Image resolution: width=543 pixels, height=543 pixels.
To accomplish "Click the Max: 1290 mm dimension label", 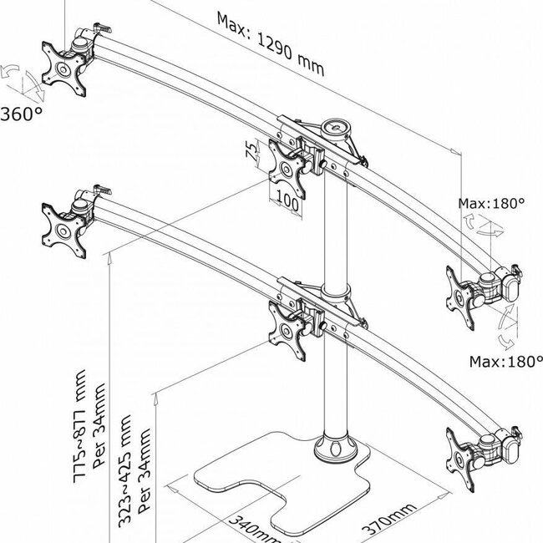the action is [x=270, y=43].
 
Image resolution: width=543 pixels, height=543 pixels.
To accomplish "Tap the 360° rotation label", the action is [x=22, y=114].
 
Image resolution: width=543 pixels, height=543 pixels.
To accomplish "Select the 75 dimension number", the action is [x=252, y=150].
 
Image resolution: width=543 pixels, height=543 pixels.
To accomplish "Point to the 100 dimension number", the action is [x=287, y=203].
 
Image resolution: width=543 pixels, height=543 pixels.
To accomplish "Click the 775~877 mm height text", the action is [x=80, y=426].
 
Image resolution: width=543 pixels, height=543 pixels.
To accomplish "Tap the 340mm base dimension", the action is [x=255, y=529].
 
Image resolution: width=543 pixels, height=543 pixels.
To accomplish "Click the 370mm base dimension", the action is [x=388, y=519].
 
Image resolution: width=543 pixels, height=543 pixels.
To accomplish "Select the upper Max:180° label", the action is [x=491, y=203].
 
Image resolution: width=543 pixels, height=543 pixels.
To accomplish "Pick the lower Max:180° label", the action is [x=506, y=362].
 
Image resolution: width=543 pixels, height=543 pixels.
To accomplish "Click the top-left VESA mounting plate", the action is [x=63, y=69].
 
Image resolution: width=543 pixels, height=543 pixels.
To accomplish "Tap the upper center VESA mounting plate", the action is [x=287, y=169].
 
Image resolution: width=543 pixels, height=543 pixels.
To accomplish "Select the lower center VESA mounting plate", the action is [x=287, y=331].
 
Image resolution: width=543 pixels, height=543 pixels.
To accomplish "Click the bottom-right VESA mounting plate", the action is [x=460, y=459].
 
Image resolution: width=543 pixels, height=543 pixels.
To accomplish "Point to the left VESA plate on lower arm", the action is [x=63, y=231].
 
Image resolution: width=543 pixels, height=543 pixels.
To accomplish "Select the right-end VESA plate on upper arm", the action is [x=460, y=298].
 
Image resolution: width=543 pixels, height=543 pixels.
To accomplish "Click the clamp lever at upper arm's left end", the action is [x=103, y=27].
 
